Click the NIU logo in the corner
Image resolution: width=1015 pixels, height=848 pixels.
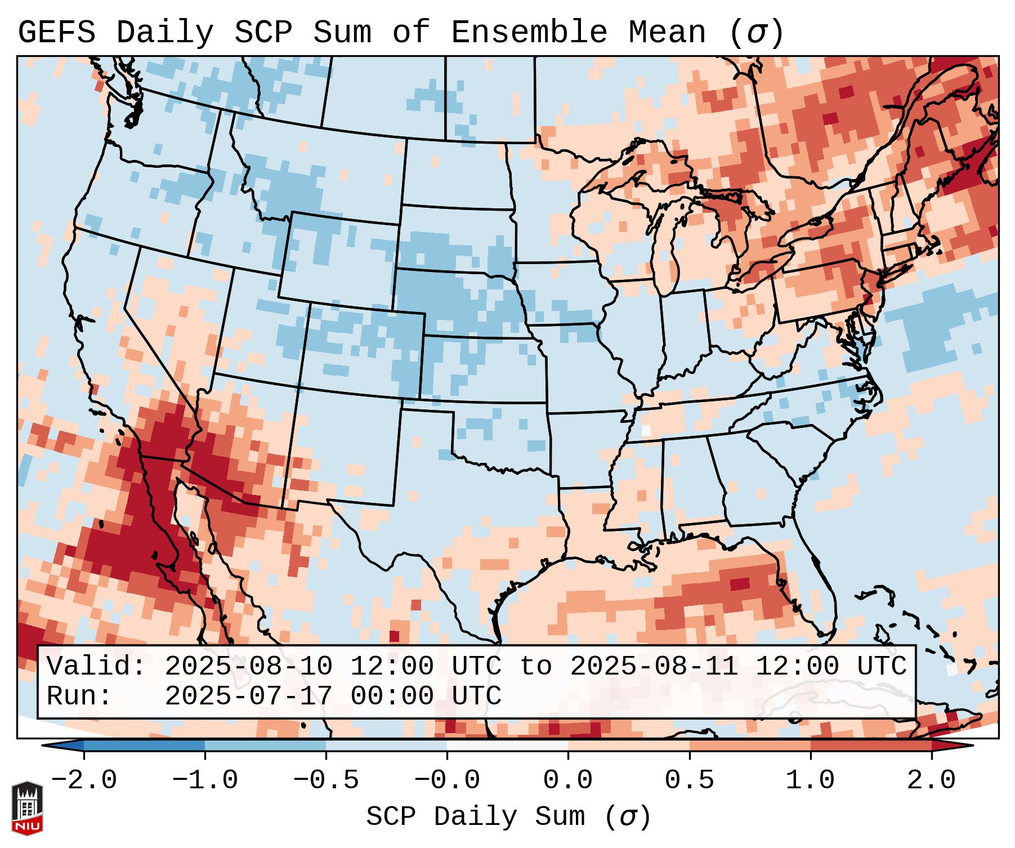tap(27, 808)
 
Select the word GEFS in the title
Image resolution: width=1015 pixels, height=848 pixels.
tap(57, 33)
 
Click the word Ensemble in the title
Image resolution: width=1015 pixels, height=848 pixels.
tap(529, 33)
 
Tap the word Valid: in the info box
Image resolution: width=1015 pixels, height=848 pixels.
tap(96, 667)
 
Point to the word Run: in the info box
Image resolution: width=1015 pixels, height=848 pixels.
tap(79, 697)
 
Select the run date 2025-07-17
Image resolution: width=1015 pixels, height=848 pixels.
tap(249, 697)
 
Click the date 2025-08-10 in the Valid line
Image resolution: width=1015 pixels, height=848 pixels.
tap(249, 667)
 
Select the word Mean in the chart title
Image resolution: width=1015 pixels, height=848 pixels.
tap(667, 33)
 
